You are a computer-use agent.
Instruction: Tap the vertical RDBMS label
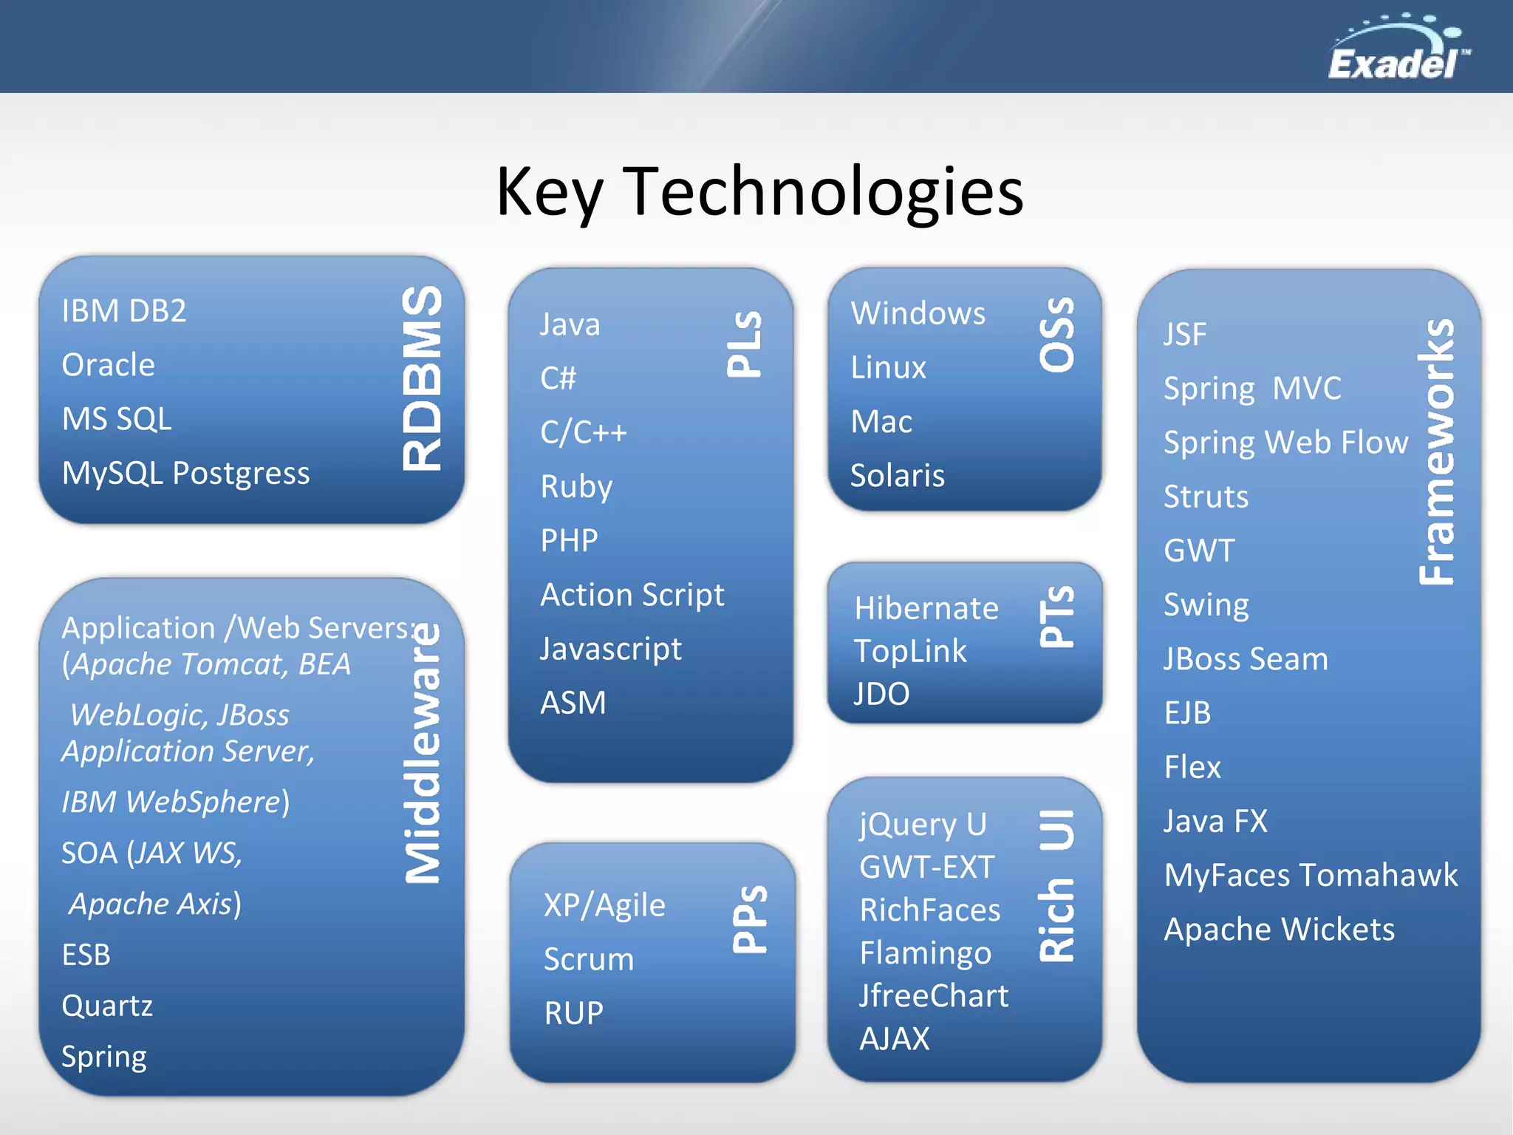pos(423,378)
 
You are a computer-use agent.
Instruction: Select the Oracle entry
pos(109,365)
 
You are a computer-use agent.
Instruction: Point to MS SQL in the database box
pos(117,419)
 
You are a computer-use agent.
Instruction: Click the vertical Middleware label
pos(423,754)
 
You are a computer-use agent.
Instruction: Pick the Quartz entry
pos(107,1006)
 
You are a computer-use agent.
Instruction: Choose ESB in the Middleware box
pos(86,955)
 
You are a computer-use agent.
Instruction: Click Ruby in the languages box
pos(576,487)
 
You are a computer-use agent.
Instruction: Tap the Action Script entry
pos(632,595)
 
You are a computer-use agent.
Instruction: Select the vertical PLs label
pos(744,344)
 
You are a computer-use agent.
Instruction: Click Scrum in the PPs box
pos(589,959)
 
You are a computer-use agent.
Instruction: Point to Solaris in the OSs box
pos(897,476)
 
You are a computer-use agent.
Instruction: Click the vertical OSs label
pos(1057,335)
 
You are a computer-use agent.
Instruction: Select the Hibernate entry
pos(926,609)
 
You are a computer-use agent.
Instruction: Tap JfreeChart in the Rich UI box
pos(933,996)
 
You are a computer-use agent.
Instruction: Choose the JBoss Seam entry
pos(1246,659)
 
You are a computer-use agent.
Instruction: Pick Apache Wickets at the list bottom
pos(1279,930)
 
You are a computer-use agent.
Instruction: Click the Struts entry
pos(1206,497)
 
